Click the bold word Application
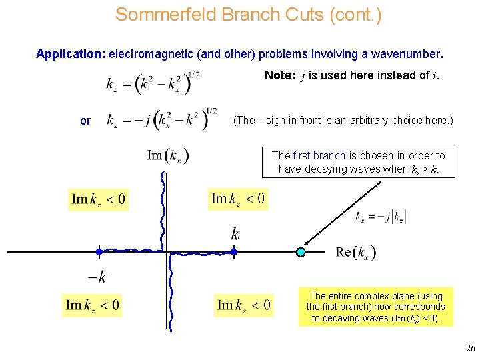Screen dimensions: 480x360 pos(70,53)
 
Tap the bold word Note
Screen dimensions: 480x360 pos(285,75)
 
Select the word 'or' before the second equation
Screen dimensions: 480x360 pos(85,121)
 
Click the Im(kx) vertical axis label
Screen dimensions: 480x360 pos(168,156)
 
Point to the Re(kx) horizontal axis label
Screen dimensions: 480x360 pos(356,252)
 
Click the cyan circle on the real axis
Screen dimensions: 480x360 pos(301,252)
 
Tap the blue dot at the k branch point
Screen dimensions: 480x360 pos(234,252)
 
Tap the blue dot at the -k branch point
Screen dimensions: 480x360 pos(99,252)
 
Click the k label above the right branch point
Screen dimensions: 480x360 pos(235,234)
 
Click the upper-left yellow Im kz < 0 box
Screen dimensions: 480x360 pos(99,199)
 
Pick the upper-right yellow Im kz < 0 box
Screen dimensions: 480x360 pos(238,198)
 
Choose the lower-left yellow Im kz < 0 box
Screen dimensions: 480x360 pos(93,306)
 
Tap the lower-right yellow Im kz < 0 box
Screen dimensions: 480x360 pos(244,306)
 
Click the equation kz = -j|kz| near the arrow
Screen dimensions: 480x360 pos(381,217)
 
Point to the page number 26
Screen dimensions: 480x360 pos(470,348)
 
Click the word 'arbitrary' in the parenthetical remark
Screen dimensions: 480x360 pos(374,121)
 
